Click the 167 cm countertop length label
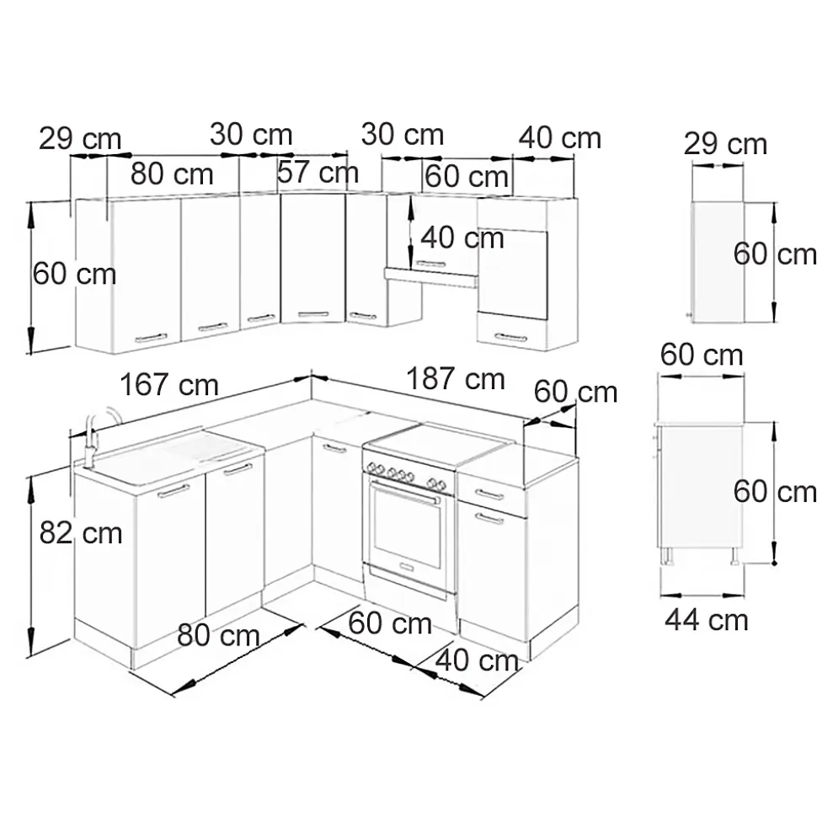click(169, 386)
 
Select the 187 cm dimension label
click(456, 379)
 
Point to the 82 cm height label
click(80, 532)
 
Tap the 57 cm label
click(318, 173)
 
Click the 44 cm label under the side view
click(706, 620)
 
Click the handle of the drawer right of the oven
click(489, 495)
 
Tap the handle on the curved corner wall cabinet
click(313, 314)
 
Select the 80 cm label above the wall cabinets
click(172, 174)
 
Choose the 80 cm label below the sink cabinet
click(218, 635)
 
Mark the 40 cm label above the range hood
click(462, 238)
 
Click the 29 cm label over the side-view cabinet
click(725, 144)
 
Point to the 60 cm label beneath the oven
click(390, 624)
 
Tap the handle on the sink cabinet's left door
click(174, 491)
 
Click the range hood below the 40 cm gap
click(430, 274)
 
